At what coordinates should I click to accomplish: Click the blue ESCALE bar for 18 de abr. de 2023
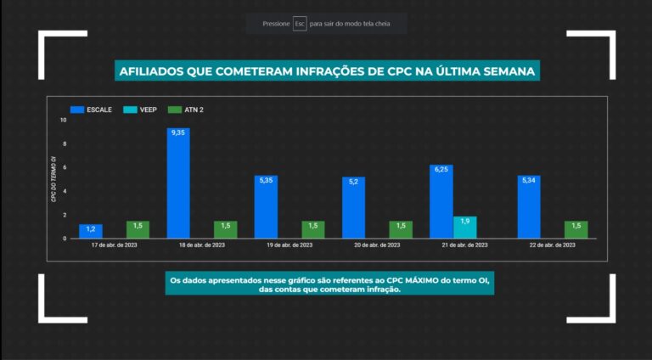(178, 183)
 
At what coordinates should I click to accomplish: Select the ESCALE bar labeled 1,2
(91, 231)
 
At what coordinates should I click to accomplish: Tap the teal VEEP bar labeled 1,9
(464, 228)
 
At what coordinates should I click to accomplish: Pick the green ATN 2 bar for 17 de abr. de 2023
(138, 229)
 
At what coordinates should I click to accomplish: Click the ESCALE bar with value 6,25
(441, 202)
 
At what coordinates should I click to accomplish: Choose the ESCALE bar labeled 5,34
(529, 207)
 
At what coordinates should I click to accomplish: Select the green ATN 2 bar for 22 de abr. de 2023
(576, 229)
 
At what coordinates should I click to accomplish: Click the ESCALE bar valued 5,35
(266, 207)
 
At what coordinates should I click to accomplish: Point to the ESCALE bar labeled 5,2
(353, 208)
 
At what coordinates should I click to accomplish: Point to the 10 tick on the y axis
(63, 120)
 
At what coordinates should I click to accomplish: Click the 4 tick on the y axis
(64, 191)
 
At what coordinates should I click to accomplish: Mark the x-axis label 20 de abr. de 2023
(377, 245)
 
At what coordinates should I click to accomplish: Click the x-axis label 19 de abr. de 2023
(289, 245)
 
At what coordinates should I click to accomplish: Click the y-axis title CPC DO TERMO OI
(53, 178)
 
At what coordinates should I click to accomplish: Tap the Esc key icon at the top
(300, 24)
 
